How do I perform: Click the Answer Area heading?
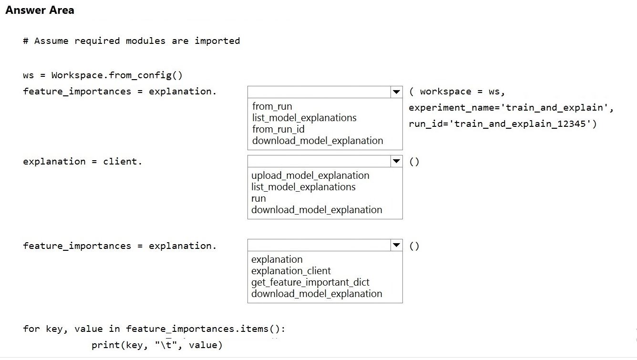40,10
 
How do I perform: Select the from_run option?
272,106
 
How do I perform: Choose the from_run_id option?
278,129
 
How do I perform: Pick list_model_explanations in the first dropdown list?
304,118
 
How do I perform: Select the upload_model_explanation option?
310,175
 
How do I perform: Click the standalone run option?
258,198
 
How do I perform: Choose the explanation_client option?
291,271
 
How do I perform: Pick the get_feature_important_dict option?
310,282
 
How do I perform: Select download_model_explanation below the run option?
317,210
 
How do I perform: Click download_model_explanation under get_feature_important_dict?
317,294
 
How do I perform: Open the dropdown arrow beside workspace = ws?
396,92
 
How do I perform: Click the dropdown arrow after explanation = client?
396,161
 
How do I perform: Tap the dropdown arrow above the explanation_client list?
396,246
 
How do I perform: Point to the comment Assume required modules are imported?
131,41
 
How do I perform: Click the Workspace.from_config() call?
117,75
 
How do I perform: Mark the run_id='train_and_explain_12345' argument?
503,124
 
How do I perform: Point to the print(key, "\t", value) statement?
157,345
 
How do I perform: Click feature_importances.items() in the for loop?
205,329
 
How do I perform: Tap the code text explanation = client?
82,162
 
